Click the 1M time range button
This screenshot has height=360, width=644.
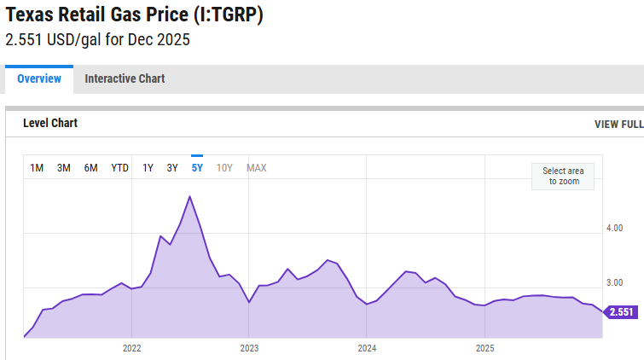[37, 168]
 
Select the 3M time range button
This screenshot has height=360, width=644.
[64, 168]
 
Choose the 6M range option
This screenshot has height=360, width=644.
[90, 168]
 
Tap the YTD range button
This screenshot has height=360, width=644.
[119, 168]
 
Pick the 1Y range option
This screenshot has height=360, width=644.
[148, 168]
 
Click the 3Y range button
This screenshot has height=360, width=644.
[172, 168]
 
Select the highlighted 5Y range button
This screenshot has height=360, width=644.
[197, 168]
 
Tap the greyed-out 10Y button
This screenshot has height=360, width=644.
[224, 168]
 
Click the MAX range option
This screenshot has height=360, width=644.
[257, 168]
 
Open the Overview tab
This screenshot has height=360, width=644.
[39, 78]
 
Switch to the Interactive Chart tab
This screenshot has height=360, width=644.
[125, 78]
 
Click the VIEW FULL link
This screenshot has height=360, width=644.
[618, 125]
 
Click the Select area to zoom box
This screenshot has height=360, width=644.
[562, 176]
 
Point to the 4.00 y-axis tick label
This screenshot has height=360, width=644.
[614, 229]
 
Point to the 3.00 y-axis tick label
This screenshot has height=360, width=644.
[614, 282]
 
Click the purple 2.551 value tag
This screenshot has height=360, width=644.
[620, 312]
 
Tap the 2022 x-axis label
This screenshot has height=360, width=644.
[131, 348]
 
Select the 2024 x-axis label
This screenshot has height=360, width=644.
[367, 348]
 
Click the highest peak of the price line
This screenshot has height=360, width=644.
[189, 197]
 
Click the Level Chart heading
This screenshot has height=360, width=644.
[50, 124]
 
